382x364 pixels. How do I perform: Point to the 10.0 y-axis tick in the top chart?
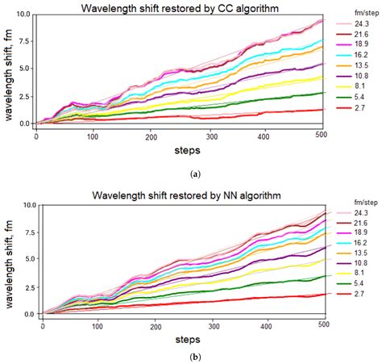point(22,15)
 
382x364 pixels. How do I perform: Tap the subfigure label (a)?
point(191,173)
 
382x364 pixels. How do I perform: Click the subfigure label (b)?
point(191,358)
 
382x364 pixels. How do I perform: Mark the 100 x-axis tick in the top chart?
point(93,135)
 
